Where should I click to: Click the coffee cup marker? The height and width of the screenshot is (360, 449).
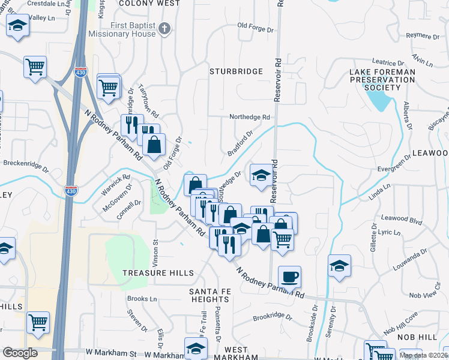[289, 277]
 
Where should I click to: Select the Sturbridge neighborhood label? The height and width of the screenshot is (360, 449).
[236, 71]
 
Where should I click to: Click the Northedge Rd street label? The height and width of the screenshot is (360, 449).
[250, 117]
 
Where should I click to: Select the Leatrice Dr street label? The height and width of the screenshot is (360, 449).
[388, 62]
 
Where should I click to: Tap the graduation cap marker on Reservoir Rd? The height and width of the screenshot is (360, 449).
[261, 175]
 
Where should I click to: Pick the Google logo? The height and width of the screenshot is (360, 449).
[20, 353]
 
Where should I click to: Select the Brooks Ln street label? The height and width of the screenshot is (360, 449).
[142, 298]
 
